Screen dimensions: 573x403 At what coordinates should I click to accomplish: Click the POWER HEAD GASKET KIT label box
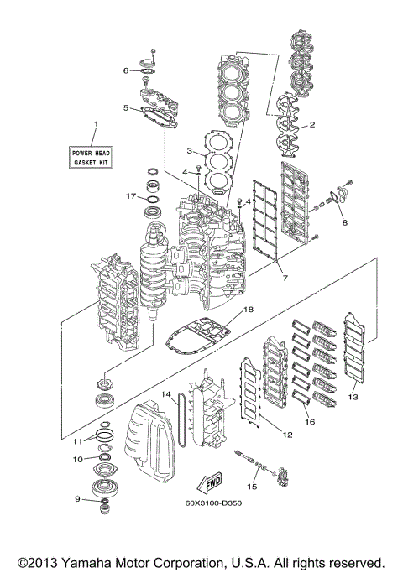click(x=95, y=156)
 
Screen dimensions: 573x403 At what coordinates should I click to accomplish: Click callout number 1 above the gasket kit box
click(x=95, y=125)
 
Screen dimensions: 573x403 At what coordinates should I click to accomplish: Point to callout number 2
click(x=312, y=125)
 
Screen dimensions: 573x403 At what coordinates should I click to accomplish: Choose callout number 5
click(x=125, y=108)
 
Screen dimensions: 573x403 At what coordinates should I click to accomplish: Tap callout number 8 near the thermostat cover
click(x=343, y=223)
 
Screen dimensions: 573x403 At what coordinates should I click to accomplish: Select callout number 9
click(x=77, y=499)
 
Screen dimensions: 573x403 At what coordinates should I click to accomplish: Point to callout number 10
click(x=77, y=459)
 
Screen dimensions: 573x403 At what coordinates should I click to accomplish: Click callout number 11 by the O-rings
click(x=77, y=440)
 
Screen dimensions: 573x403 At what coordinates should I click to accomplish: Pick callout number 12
click(x=287, y=435)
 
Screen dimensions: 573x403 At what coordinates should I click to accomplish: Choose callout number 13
click(x=353, y=396)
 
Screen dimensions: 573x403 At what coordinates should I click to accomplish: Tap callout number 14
click(x=166, y=394)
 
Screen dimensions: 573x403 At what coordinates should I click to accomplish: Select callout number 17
click(x=131, y=196)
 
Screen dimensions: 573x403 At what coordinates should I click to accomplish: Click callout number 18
click(x=248, y=310)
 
